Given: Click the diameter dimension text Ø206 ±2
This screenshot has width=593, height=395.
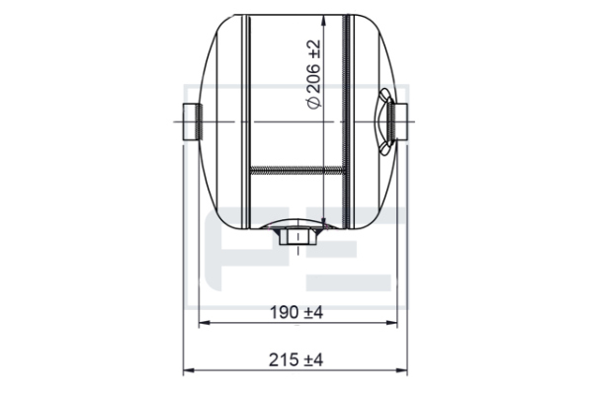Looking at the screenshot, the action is click(x=314, y=74).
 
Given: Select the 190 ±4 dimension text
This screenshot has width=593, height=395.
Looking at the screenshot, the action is click(x=296, y=313).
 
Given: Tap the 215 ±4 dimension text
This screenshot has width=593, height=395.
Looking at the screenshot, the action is click(x=296, y=359).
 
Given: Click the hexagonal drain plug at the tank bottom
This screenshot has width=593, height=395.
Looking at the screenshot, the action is click(x=298, y=237).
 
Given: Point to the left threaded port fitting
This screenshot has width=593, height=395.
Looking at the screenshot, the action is click(x=193, y=122).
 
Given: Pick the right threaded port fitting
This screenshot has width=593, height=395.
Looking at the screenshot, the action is click(x=398, y=122).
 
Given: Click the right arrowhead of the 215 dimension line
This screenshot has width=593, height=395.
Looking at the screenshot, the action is click(x=402, y=370).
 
